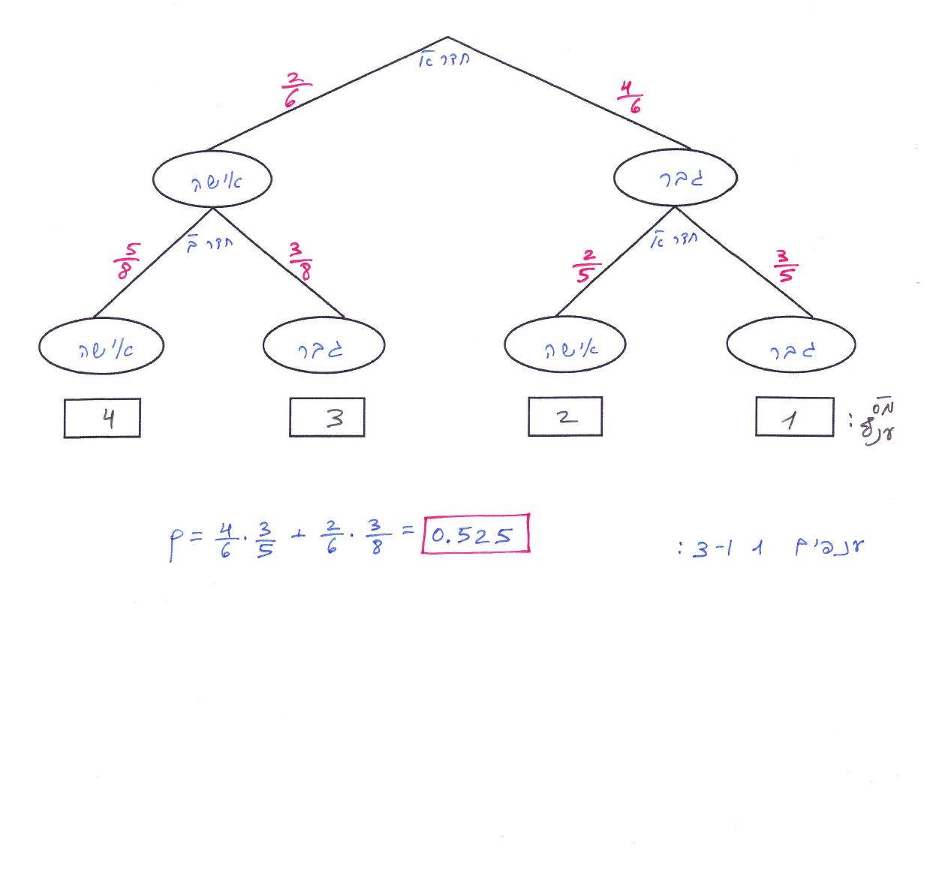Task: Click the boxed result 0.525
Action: click(x=477, y=534)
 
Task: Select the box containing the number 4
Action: click(x=102, y=418)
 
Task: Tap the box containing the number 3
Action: click(x=327, y=417)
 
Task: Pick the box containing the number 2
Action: click(x=565, y=416)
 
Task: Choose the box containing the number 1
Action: click(x=794, y=416)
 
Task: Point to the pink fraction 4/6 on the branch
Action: click(x=630, y=97)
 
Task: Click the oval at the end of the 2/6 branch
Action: click(x=212, y=180)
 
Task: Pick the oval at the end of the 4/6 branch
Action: click(x=676, y=179)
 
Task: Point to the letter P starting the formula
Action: click(x=175, y=541)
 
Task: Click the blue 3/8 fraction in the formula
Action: click(x=376, y=537)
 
